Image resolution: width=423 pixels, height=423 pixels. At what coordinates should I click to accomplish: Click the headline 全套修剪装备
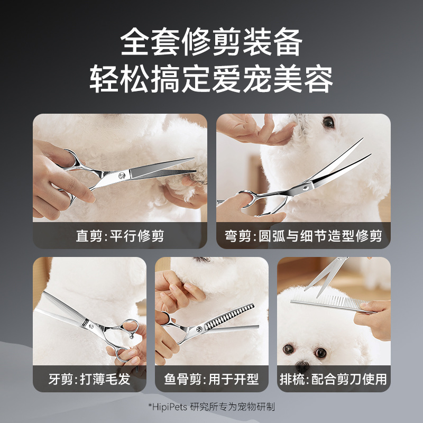click(x=212, y=42)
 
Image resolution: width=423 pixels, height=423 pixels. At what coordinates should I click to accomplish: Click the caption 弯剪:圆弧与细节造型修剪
click(x=304, y=236)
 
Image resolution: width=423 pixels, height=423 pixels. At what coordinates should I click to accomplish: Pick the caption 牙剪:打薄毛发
click(x=89, y=379)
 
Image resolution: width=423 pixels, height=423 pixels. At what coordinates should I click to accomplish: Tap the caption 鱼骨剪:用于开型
click(x=211, y=379)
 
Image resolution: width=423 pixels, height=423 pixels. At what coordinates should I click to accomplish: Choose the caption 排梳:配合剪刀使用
click(x=333, y=379)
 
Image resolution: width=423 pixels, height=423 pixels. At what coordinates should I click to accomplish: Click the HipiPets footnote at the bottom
click(x=212, y=407)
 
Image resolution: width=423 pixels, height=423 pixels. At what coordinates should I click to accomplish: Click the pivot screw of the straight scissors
click(x=123, y=174)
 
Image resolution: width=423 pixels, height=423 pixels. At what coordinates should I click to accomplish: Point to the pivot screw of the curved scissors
click(x=307, y=187)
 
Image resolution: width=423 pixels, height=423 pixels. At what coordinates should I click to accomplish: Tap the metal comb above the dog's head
click(x=328, y=302)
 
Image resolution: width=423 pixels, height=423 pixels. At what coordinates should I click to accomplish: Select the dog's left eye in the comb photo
click(x=288, y=350)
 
